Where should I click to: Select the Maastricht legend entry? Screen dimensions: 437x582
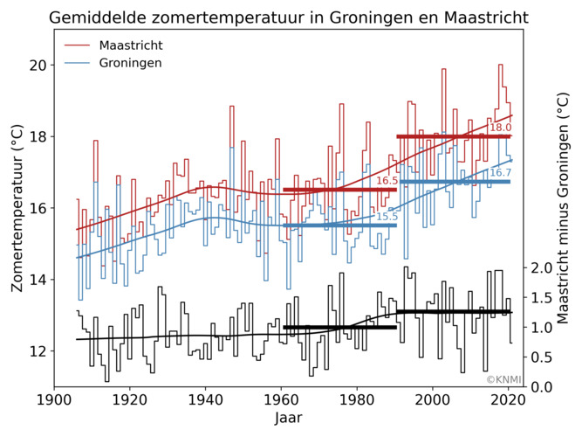(131, 45)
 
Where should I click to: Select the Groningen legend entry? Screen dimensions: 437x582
(130, 63)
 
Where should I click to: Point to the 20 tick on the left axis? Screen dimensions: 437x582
(36, 66)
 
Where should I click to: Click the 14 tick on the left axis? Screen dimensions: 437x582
(36, 280)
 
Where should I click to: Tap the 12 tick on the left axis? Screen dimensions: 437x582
(36, 351)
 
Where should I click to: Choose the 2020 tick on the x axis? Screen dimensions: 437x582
(508, 399)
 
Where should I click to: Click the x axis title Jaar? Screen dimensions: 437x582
(288, 419)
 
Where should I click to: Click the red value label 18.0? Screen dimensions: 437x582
(500, 128)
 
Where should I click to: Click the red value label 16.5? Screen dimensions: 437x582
(387, 181)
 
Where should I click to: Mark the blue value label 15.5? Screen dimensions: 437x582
(387, 217)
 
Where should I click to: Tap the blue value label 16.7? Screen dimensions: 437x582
(500, 173)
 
